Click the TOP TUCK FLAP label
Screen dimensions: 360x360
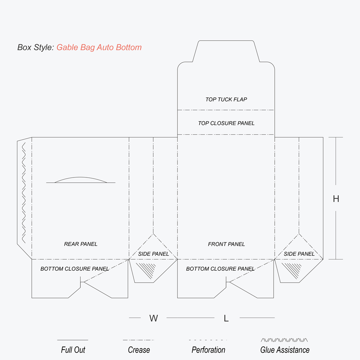[226, 99]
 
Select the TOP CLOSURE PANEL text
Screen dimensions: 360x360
[226, 123]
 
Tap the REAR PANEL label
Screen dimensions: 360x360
[81, 244]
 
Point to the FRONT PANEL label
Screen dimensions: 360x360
[226, 244]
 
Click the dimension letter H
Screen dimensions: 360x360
[336, 199]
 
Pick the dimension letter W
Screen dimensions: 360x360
[154, 318]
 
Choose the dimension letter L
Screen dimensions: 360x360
[226, 318]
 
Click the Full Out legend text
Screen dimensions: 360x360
[73, 350]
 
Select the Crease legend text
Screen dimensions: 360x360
[139, 350]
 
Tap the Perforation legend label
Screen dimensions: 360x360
[208, 350]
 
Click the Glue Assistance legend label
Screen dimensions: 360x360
[285, 350]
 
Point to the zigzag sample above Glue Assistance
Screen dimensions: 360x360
[284, 340]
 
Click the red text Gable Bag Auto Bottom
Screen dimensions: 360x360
[99, 47]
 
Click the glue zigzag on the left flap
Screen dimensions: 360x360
[24, 193]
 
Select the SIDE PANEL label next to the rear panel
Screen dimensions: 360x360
[153, 254]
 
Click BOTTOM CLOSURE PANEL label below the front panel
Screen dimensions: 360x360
[220, 269]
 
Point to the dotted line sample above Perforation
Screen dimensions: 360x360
[208, 340]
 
